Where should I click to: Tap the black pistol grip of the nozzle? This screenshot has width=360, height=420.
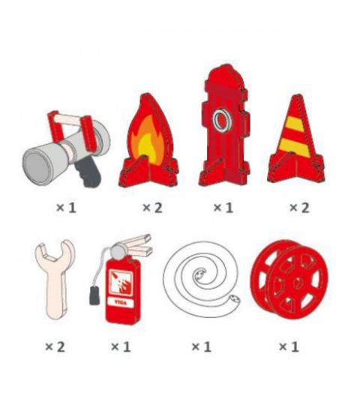pos(88,173)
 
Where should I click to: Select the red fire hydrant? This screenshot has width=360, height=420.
pos(224,125)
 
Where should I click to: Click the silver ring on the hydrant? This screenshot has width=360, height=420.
pos(222,120)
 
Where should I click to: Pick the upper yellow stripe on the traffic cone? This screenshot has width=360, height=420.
pos(295,124)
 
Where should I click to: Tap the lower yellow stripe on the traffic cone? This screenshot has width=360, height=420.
pos(294,147)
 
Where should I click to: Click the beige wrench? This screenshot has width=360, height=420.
pos(55,279)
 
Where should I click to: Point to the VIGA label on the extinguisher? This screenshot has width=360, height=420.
pos(121,303)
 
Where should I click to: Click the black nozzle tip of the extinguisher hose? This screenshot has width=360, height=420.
pos(94,295)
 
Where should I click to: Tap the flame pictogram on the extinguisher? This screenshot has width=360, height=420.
pos(121,283)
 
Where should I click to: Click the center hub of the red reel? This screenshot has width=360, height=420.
pos(298,283)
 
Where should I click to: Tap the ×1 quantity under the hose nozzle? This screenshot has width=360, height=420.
pos(66,208)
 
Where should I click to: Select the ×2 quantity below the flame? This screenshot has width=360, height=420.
pos(152,208)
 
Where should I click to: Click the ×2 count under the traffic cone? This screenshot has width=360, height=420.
pos(299,208)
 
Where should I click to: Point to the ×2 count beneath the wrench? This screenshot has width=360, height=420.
pos(55,347)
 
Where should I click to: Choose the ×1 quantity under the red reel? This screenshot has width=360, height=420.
pos(289,347)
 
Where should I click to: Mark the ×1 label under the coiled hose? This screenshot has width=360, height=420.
pos(202,347)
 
